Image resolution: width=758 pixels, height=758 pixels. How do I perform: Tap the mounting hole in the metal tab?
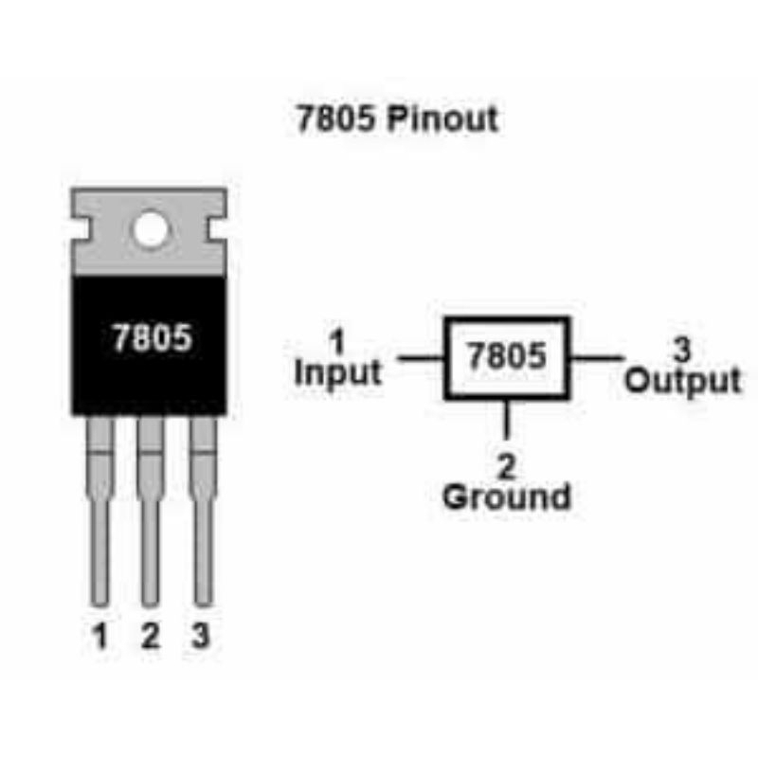click(150, 229)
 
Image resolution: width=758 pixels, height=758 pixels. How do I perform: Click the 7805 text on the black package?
click(151, 338)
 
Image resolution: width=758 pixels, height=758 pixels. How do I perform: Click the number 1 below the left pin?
click(99, 637)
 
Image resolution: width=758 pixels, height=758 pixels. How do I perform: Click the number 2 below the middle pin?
click(150, 637)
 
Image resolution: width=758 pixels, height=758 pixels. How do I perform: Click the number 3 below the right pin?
click(200, 637)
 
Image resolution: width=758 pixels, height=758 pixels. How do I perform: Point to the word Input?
click(338, 372)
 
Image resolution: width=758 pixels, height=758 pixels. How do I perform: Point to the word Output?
click(682, 381)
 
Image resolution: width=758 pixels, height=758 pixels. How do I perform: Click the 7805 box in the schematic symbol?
click(507, 357)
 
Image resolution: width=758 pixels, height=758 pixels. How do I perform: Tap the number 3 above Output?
click(680, 350)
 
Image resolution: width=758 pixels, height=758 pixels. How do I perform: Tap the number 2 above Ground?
click(507, 465)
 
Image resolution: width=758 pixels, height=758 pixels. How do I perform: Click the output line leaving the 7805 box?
click(597, 358)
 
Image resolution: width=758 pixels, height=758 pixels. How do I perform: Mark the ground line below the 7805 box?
click(508, 421)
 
